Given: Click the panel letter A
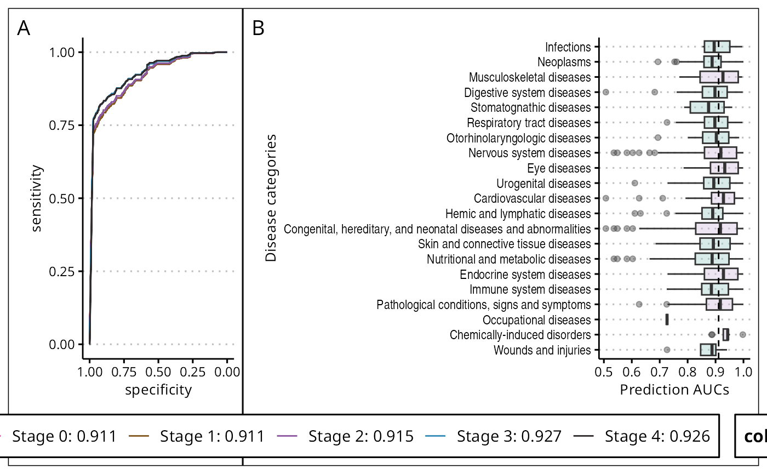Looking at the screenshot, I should (x=24, y=28).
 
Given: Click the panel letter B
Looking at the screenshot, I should (x=258, y=28).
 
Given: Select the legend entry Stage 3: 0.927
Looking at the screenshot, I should (x=509, y=436).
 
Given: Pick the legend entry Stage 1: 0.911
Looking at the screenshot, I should (x=212, y=436).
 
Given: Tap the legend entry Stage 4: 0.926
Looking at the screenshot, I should (x=657, y=436).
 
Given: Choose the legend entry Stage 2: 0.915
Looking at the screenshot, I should (x=360, y=436).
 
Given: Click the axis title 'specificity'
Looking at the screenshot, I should (x=158, y=390).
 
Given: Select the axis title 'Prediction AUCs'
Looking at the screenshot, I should (x=674, y=390).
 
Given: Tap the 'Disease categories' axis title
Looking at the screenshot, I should (x=271, y=198).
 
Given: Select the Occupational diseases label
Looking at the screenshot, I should (x=536, y=319).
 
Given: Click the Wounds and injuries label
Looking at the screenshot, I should (x=542, y=350).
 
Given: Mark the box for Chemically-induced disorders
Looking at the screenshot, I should (x=726, y=334).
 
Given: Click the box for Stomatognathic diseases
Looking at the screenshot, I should (x=707, y=107).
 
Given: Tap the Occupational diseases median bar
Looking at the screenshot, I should (x=667, y=319).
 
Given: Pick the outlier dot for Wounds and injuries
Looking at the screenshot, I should (x=667, y=350).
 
